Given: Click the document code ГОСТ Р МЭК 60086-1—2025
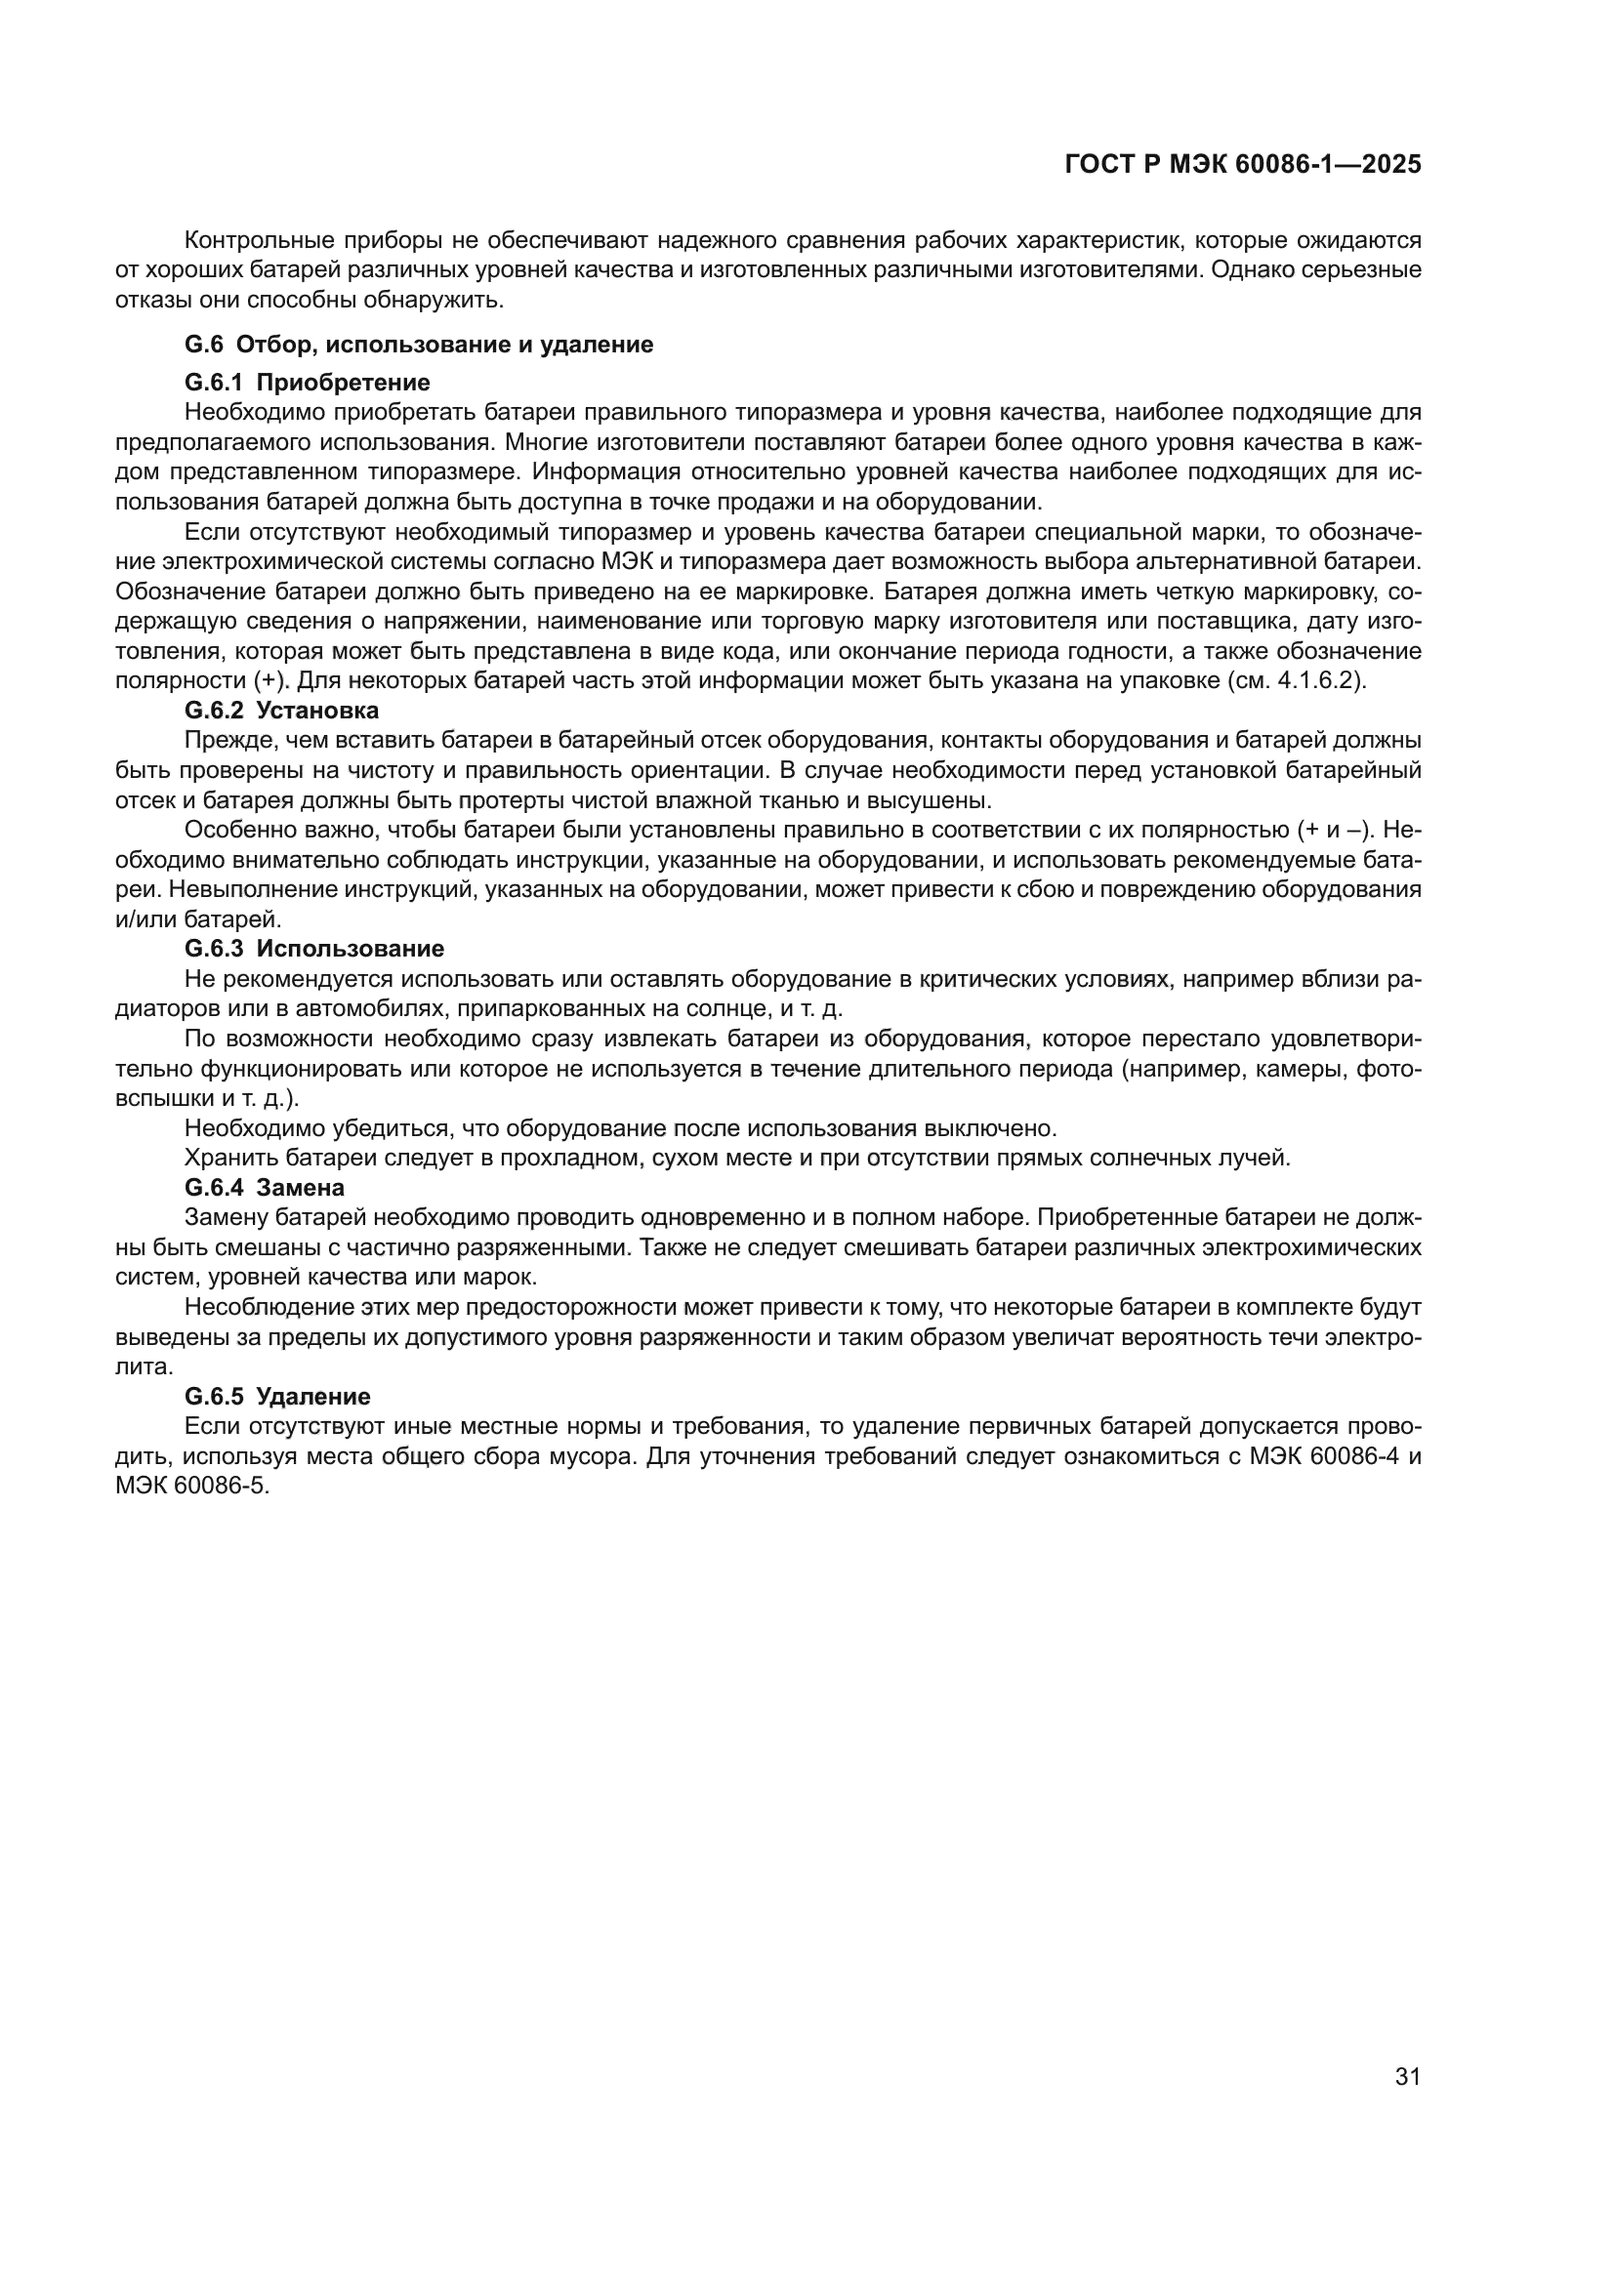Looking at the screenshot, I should [x=1242, y=164].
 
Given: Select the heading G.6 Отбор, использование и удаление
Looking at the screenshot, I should [x=419, y=344].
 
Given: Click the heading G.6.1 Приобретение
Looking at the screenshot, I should [x=308, y=382].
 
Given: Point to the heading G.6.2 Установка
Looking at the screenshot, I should [x=281, y=710].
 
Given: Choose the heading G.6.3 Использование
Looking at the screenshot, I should [x=314, y=948].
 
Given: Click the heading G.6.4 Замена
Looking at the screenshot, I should [x=265, y=1187].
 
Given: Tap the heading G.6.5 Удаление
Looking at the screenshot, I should [x=277, y=1396].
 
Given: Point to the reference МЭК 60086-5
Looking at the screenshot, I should [x=192, y=1487].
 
